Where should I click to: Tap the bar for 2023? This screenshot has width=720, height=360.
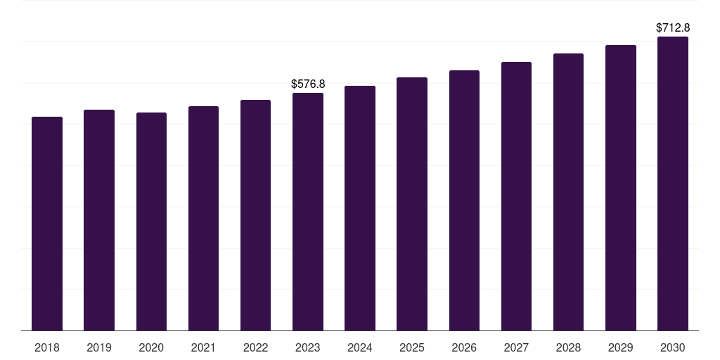pyautogui.click(x=308, y=212)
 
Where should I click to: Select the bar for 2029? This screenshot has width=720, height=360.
pyautogui.click(x=621, y=188)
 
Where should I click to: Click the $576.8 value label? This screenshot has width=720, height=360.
pyautogui.click(x=308, y=84)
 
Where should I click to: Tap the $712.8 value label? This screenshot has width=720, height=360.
pyautogui.click(x=673, y=28)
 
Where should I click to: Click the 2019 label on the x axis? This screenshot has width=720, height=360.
pyautogui.click(x=99, y=347)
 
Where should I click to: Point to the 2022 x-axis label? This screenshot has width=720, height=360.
pyautogui.click(x=256, y=347)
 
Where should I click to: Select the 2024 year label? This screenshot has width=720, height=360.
pyautogui.click(x=360, y=347)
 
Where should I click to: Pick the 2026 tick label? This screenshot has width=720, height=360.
pyautogui.click(x=464, y=347)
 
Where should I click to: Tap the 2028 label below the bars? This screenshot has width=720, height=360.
pyautogui.click(x=568, y=347)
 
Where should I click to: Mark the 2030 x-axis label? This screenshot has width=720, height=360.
pyautogui.click(x=673, y=347)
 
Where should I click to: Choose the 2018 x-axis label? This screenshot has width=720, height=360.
pyautogui.click(x=47, y=347)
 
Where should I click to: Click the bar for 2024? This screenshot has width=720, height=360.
pyautogui.click(x=360, y=208)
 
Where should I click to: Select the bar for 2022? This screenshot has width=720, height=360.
pyautogui.click(x=256, y=215)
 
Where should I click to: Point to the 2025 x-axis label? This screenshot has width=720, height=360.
pyautogui.click(x=412, y=347)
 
